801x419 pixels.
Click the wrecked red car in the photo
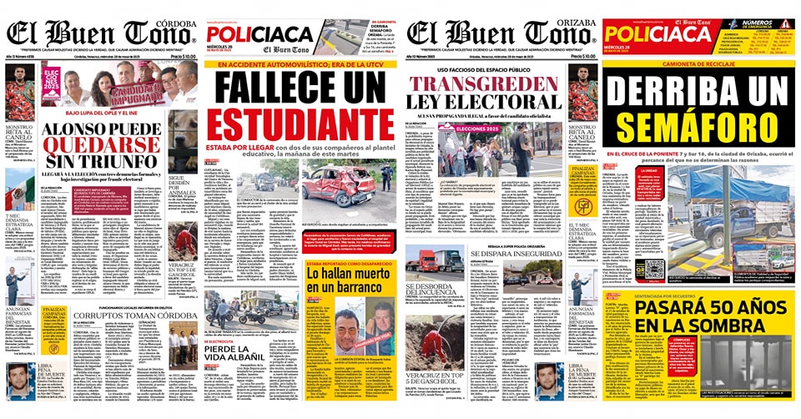click(345, 183)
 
